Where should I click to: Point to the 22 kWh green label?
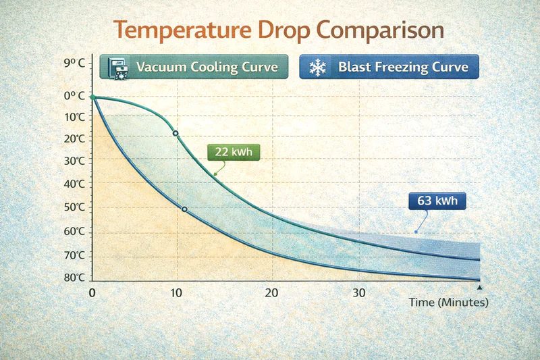233,152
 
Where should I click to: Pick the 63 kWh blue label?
437,201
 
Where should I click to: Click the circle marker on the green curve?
175,134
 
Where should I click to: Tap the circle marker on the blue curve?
184,209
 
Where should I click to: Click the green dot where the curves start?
92,98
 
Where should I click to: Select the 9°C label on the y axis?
74,63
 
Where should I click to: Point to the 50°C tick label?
75,207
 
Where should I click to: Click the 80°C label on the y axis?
75,278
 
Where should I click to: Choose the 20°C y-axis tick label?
75,138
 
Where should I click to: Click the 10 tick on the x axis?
175,293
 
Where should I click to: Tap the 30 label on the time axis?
359,293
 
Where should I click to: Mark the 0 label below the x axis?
92,293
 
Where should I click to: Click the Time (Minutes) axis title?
448,303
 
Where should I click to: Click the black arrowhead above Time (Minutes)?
479,288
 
